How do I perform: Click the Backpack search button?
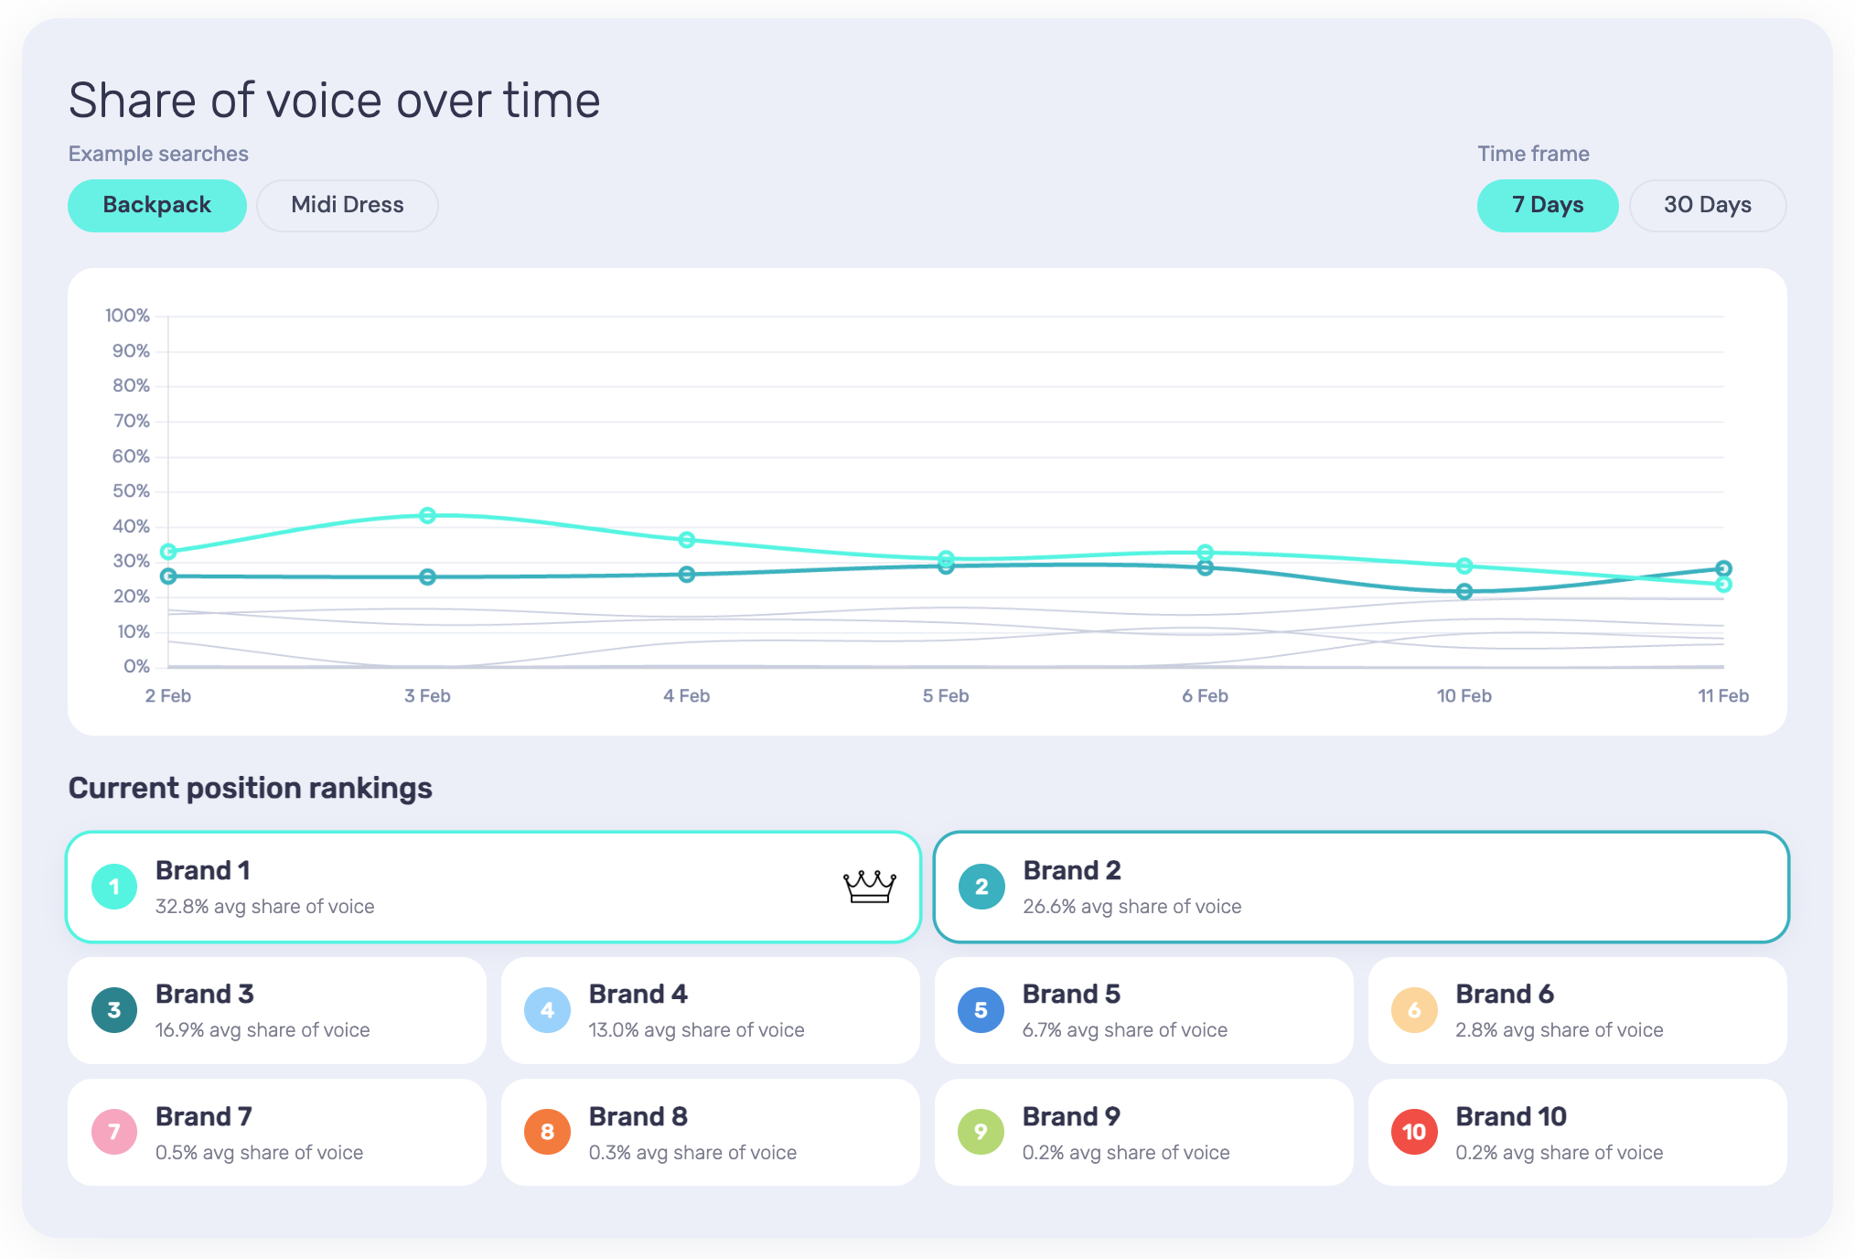pyautogui.click(x=156, y=205)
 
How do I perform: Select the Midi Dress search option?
pyautogui.click(x=347, y=205)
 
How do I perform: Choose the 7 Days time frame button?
pyautogui.click(x=1547, y=205)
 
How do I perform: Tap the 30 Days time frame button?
pyautogui.click(x=1707, y=205)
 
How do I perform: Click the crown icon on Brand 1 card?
pyautogui.click(x=869, y=886)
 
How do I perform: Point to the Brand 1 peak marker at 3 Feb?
pyautogui.click(x=427, y=515)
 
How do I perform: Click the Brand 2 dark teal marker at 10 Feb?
pyautogui.click(x=1464, y=591)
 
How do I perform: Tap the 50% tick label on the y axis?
pyautogui.click(x=131, y=491)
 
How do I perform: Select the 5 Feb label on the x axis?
pyautogui.click(x=945, y=695)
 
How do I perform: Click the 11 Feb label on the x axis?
pyautogui.click(x=1722, y=695)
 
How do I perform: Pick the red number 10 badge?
pyautogui.click(x=1414, y=1132)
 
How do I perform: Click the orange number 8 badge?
pyautogui.click(x=547, y=1132)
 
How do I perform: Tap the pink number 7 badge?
pyautogui.click(x=114, y=1132)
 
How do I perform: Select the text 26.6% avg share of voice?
pyautogui.click(x=1131, y=906)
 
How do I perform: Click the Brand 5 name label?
pyautogui.click(x=1071, y=994)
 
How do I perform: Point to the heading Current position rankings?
pyautogui.click(x=250, y=788)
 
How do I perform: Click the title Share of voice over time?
pyautogui.click(x=334, y=101)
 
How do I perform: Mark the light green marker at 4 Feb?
pyautogui.click(x=687, y=540)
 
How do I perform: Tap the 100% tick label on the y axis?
pyautogui.click(x=127, y=316)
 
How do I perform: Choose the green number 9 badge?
pyautogui.click(x=981, y=1132)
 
